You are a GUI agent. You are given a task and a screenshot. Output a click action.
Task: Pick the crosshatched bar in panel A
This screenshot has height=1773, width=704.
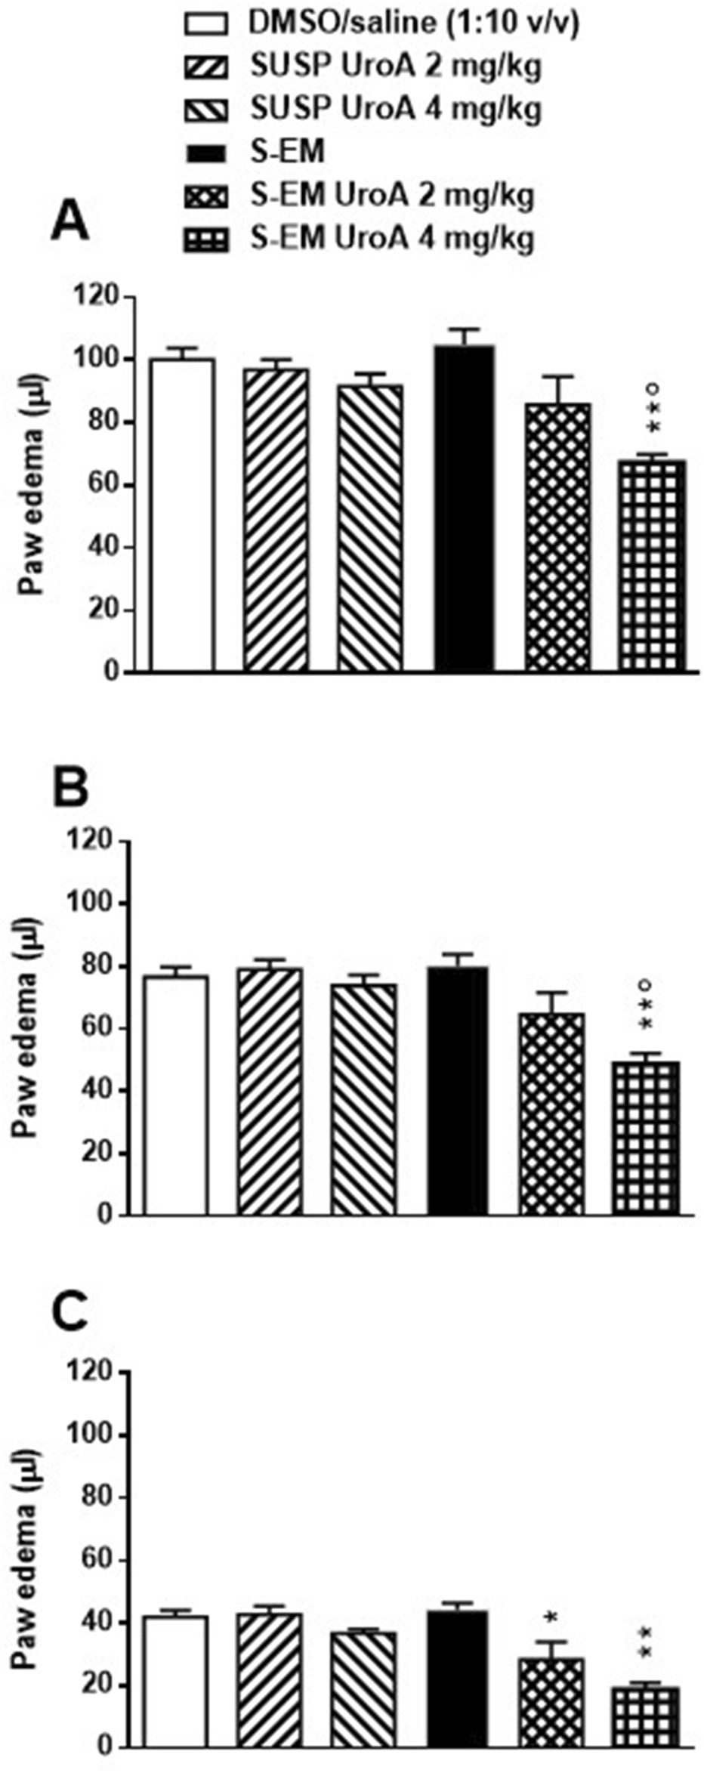[x=558, y=537]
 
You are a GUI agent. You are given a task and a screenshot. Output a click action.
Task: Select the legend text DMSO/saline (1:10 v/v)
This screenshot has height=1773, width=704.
[x=415, y=23]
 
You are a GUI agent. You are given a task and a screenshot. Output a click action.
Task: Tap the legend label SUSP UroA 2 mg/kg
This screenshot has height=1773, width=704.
[x=397, y=66]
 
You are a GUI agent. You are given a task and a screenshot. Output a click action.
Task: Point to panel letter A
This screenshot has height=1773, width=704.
[x=69, y=223]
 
